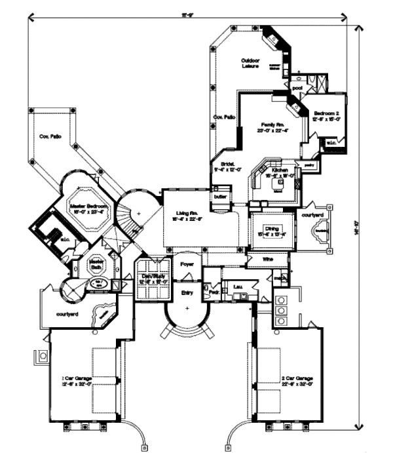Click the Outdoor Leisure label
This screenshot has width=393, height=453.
pyautogui.click(x=250, y=62)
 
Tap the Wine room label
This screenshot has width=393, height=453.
pyautogui.click(x=268, y=260)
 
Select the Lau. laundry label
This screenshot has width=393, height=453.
pyautogui.click(x=229, y=286)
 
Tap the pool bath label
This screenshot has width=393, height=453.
pyautogui.click(x=297, y=88)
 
